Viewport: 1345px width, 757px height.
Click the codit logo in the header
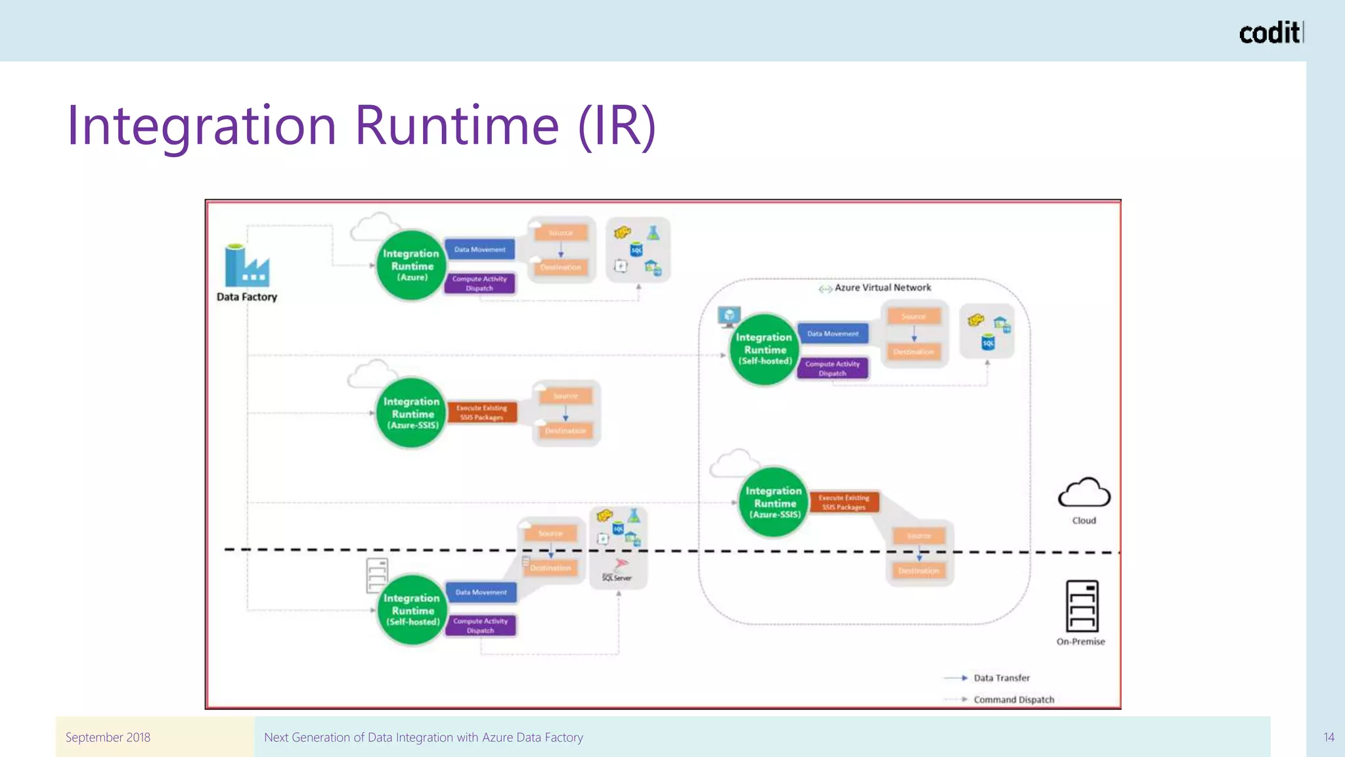click(1269, 32)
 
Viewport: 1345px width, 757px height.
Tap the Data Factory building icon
click(246, 266)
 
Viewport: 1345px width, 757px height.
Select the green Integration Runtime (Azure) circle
click(411, 265)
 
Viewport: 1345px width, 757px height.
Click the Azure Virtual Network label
click(882, 288)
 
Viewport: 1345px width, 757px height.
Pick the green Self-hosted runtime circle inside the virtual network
click(764, 349)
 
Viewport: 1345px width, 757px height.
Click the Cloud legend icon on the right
click(1084, 493)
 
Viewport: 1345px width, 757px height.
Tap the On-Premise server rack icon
click(1082, 606)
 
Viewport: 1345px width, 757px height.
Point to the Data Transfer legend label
click(1001, 678)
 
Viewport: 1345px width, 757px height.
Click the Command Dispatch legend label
click(1013, 700)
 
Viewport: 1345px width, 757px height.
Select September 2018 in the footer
click(108, 737)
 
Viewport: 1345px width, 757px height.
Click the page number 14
click(1328, 737)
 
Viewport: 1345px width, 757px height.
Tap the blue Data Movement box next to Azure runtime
click(480, 250)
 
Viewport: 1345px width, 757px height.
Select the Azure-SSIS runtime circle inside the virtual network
click(774, 502)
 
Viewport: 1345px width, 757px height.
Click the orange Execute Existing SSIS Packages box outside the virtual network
click(481, 413)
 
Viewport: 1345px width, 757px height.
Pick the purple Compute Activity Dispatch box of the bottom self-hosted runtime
click(480, 626)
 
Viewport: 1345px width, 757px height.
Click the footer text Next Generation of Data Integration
click(423, 737)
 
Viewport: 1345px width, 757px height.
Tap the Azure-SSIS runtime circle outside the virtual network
click(412, 413)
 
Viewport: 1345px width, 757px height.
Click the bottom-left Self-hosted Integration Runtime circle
click(412, 610)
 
